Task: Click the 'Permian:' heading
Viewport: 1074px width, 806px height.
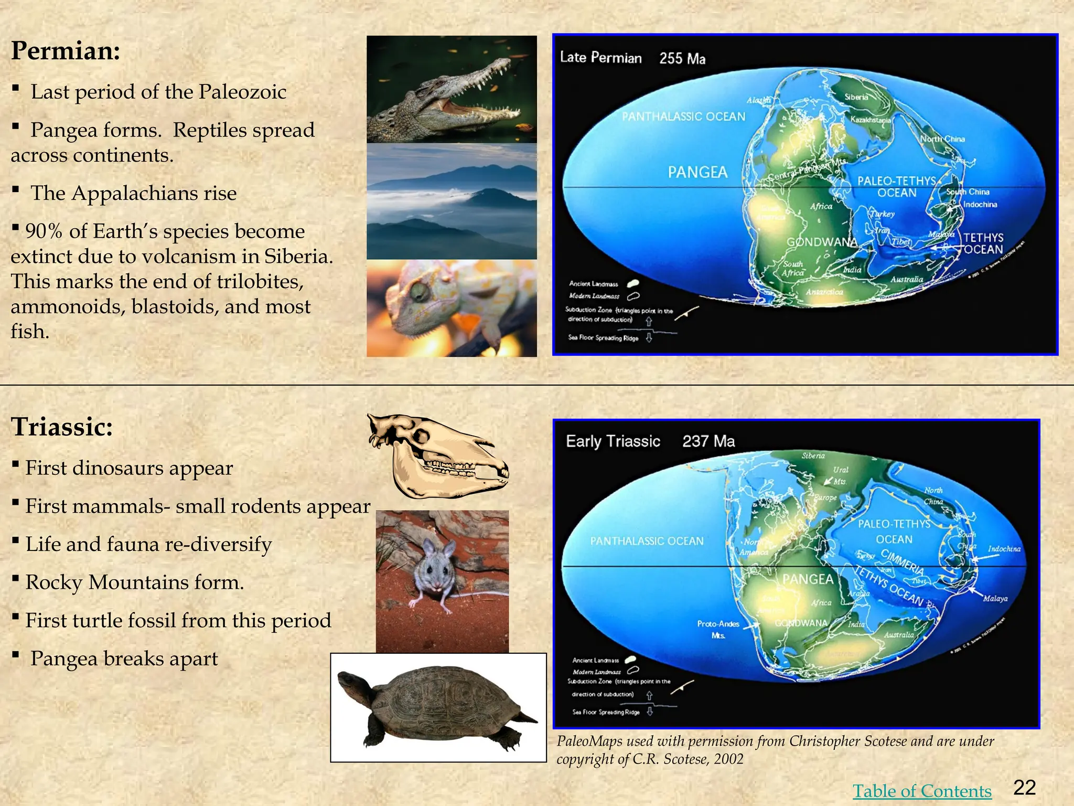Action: pos(66,51)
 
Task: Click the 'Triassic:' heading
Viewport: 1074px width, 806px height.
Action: pos(62,427)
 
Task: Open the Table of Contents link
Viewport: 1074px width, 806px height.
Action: pos(921,791)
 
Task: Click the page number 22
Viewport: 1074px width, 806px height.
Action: pos(1024,788)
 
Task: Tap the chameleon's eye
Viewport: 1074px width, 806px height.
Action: pos(419,292)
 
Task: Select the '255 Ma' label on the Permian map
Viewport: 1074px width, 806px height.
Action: pos(682,58)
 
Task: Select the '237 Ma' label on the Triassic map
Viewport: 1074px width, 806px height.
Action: pos(708,441)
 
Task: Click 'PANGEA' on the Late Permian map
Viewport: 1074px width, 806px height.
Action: pos(697,172)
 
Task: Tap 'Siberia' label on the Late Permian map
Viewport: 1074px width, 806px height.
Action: pos(856,97)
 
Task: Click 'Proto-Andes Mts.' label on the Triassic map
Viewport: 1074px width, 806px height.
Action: pos(718,629)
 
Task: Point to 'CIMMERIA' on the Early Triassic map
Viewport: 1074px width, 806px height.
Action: pos(902,560)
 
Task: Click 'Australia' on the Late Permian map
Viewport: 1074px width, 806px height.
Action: pos(906,280)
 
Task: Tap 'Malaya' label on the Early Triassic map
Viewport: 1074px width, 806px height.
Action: pos(995,598)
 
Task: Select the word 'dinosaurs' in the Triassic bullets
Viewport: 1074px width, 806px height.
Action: pos(128,468)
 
